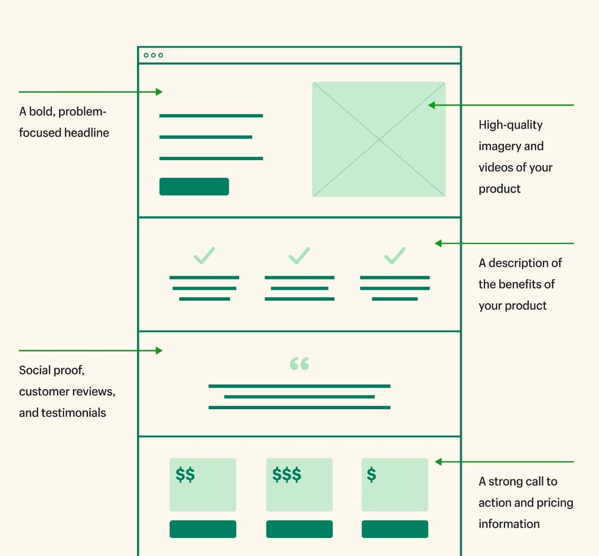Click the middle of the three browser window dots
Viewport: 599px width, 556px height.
coord(153,55)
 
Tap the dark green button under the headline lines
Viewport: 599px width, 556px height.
coord(194,187)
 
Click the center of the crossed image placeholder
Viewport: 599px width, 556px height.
coord(379,139)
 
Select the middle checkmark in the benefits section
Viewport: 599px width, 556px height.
coord(299,256)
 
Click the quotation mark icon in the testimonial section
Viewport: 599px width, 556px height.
coord(299,363)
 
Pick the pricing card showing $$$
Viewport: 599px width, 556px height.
coord(299,485)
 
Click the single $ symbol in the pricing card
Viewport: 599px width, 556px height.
coord(371,475)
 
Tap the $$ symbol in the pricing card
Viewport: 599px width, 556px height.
coord(185,475)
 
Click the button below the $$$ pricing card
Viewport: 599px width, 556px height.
coord(299,529)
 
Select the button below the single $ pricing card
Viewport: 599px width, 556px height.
coord(395,529)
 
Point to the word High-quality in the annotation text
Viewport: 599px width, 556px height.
coord(510,125)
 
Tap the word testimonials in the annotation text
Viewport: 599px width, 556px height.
coord(74,413)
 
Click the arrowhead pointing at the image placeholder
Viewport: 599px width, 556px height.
coord(431,105)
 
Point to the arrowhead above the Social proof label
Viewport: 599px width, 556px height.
coord(159,351)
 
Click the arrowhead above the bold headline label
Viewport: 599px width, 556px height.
coord(159,92)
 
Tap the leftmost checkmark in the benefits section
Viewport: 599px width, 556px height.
coord(204,256)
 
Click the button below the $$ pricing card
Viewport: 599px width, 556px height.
coord(203,529)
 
